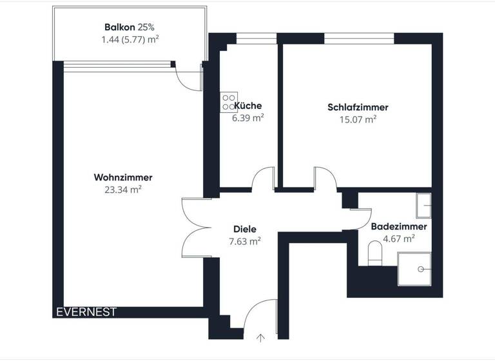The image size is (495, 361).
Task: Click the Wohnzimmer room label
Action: pyautogui.click(x=122, y=177)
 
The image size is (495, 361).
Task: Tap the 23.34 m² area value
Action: pyautogui.click(x=122, y=190)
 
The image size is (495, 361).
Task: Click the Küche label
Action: pyautogui.click(x=248, y=106)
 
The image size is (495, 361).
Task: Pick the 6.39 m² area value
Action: pyautogui.click(x=248, y=118)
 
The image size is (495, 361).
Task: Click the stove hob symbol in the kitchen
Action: pyautogui.click(x=228, y=102)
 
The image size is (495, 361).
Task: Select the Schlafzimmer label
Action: pyautogui.click(x=358, y=107)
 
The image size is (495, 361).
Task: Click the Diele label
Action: pyautogui.click(x=245, y=229)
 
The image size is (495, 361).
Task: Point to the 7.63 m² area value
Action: pyautogui.click(x=245, y=241)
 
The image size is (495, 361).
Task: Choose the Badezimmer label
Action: pyautogui.click(x=398, y=227)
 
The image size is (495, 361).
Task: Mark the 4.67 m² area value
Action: pyautogui.click(x=398, y=239)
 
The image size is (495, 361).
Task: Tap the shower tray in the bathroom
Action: pyautogui.click(x=414, y=268)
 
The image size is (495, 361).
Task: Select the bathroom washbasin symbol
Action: pyautogui.click(x=423, y=206)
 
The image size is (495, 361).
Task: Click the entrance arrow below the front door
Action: pyautogui.click(x=261, y=337)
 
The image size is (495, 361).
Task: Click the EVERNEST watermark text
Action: pyautogui.click(x=86, y=312)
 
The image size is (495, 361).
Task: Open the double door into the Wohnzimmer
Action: pyautogui.click(x=195, y=228)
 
